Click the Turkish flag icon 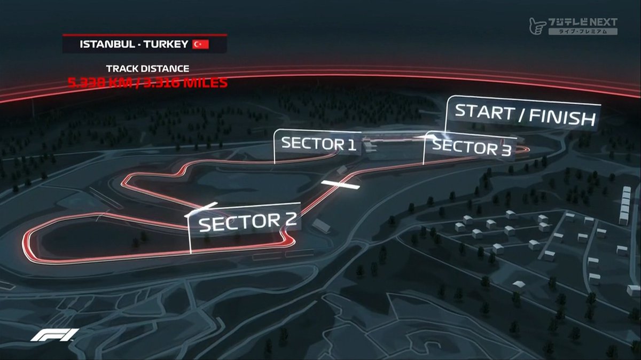(x=200, y=44)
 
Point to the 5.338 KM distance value (x=95, y=83)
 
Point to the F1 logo (x=54, y=335)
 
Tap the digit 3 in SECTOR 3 (x=504, y=150)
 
